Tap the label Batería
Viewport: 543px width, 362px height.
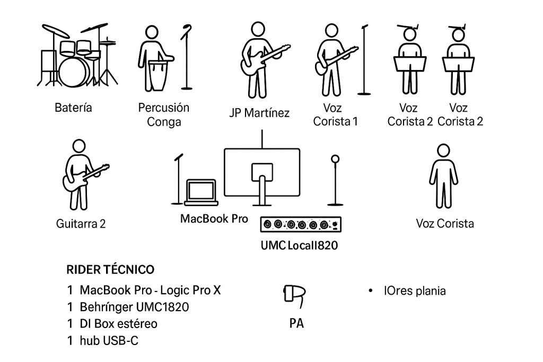(x=73, y=108)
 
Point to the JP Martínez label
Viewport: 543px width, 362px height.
(x=259, y=113)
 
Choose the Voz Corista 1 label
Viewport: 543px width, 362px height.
(x=336, y=114)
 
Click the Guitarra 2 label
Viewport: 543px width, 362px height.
(x=81, y=224)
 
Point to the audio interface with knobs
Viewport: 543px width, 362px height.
(x=301, y=225)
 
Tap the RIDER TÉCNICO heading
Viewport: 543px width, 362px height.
(x=110, y=270)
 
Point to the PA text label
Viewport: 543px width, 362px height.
(x=296, y=323)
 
